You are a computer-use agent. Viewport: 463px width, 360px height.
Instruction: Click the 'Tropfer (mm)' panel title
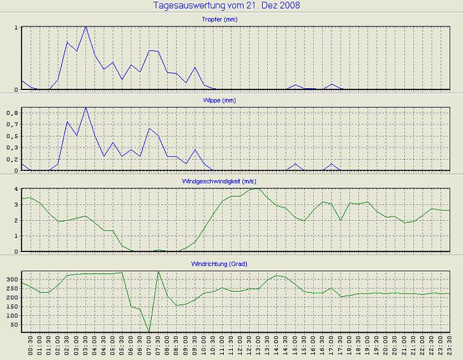pos(231,20)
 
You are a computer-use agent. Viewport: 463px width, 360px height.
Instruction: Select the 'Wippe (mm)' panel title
pos(231,101)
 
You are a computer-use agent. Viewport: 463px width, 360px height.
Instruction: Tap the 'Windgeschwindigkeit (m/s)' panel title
pos(231,182)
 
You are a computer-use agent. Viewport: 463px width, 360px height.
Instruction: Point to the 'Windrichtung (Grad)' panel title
pos(231,264)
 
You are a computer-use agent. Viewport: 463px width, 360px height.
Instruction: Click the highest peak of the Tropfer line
pos(85,27)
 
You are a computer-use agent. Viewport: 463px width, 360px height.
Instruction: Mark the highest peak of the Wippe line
pos(85,108)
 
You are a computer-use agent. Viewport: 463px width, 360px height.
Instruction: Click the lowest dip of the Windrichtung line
pos(149,332)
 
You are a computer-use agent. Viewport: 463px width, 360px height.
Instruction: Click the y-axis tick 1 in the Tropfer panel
pos(16,28)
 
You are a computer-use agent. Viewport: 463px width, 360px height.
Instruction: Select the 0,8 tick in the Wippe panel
pos(13,113)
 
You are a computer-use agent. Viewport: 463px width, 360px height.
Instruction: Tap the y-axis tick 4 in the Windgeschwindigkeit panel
pos(16,190)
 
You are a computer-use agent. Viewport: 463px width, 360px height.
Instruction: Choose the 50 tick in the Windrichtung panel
pos(13,325)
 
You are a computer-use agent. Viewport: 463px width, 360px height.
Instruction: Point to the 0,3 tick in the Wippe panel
pos(13,147)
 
